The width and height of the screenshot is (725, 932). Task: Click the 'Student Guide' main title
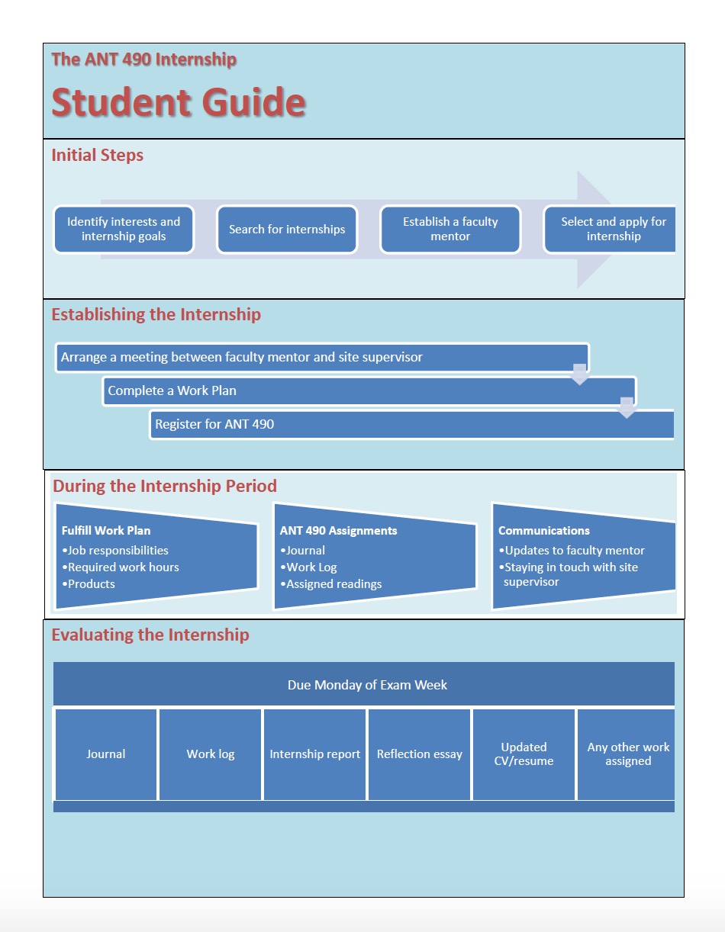coord(179,103)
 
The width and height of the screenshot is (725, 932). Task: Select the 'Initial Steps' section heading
coord(97,156)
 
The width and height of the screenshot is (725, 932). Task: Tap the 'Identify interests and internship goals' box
coord(124,229)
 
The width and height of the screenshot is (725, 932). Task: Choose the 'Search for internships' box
coord(287,229)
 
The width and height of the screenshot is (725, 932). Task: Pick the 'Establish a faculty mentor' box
coord(450,229)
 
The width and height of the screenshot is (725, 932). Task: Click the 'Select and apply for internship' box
coord(613,229)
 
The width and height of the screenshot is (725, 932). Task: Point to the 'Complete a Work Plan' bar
coord(369,390)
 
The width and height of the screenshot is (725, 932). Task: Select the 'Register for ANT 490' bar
coord(412,424)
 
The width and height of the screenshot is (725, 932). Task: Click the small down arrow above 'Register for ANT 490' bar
coord(627,407)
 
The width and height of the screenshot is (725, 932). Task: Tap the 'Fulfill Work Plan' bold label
coord(106,531)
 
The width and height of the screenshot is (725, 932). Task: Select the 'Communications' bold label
coord(544,531)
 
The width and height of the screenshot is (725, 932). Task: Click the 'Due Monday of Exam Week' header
coord(367,685)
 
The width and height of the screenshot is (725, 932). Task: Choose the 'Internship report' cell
coord(314,754)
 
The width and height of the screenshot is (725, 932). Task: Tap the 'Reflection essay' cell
coord(419,754)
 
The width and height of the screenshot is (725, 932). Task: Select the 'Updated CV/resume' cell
coord(524,754)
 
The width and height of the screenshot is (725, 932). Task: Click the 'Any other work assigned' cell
coord(627,754)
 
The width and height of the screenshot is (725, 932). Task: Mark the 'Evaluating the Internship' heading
coord(150,635)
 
